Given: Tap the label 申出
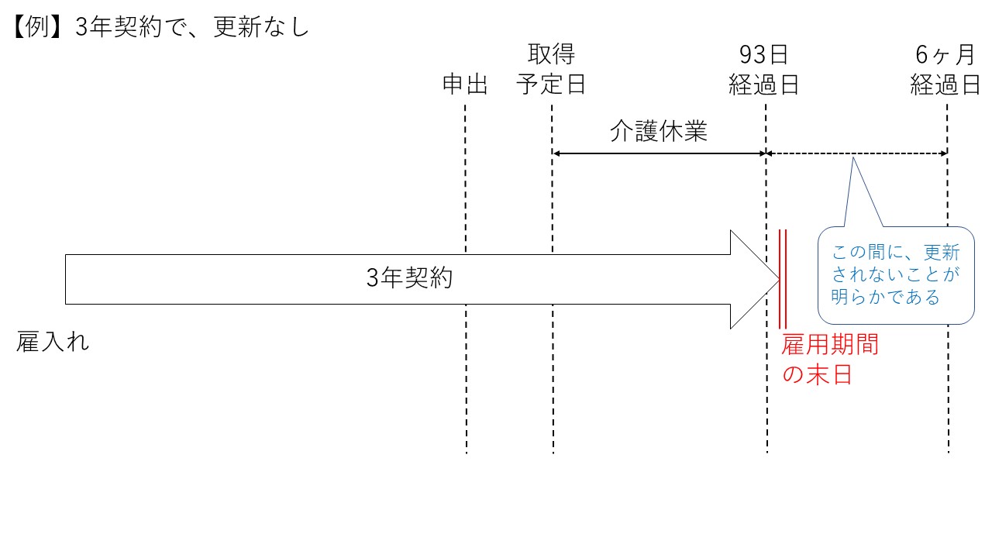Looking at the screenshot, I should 465,84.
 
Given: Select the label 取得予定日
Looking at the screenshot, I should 551,70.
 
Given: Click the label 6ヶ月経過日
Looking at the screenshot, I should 945,70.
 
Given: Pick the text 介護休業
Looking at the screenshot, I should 659,132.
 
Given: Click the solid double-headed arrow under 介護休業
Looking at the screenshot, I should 659,153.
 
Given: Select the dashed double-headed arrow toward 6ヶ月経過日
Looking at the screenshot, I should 856,153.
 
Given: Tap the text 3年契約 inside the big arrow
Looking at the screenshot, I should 409,278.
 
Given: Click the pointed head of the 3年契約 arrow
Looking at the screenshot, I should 756,279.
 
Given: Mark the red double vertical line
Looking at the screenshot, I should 783,279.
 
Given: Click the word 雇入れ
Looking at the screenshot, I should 53,342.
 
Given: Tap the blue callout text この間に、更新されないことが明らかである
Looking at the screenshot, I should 895,274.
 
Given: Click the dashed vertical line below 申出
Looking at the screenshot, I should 466,387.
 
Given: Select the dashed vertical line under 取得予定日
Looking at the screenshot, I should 553,387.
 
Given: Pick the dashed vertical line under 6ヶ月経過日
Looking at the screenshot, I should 947,387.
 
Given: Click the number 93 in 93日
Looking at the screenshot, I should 751,56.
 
